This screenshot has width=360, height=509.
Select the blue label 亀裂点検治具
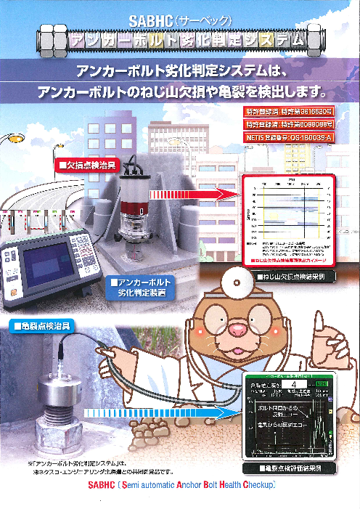(40, 326)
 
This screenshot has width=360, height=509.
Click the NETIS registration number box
(287, 137)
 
